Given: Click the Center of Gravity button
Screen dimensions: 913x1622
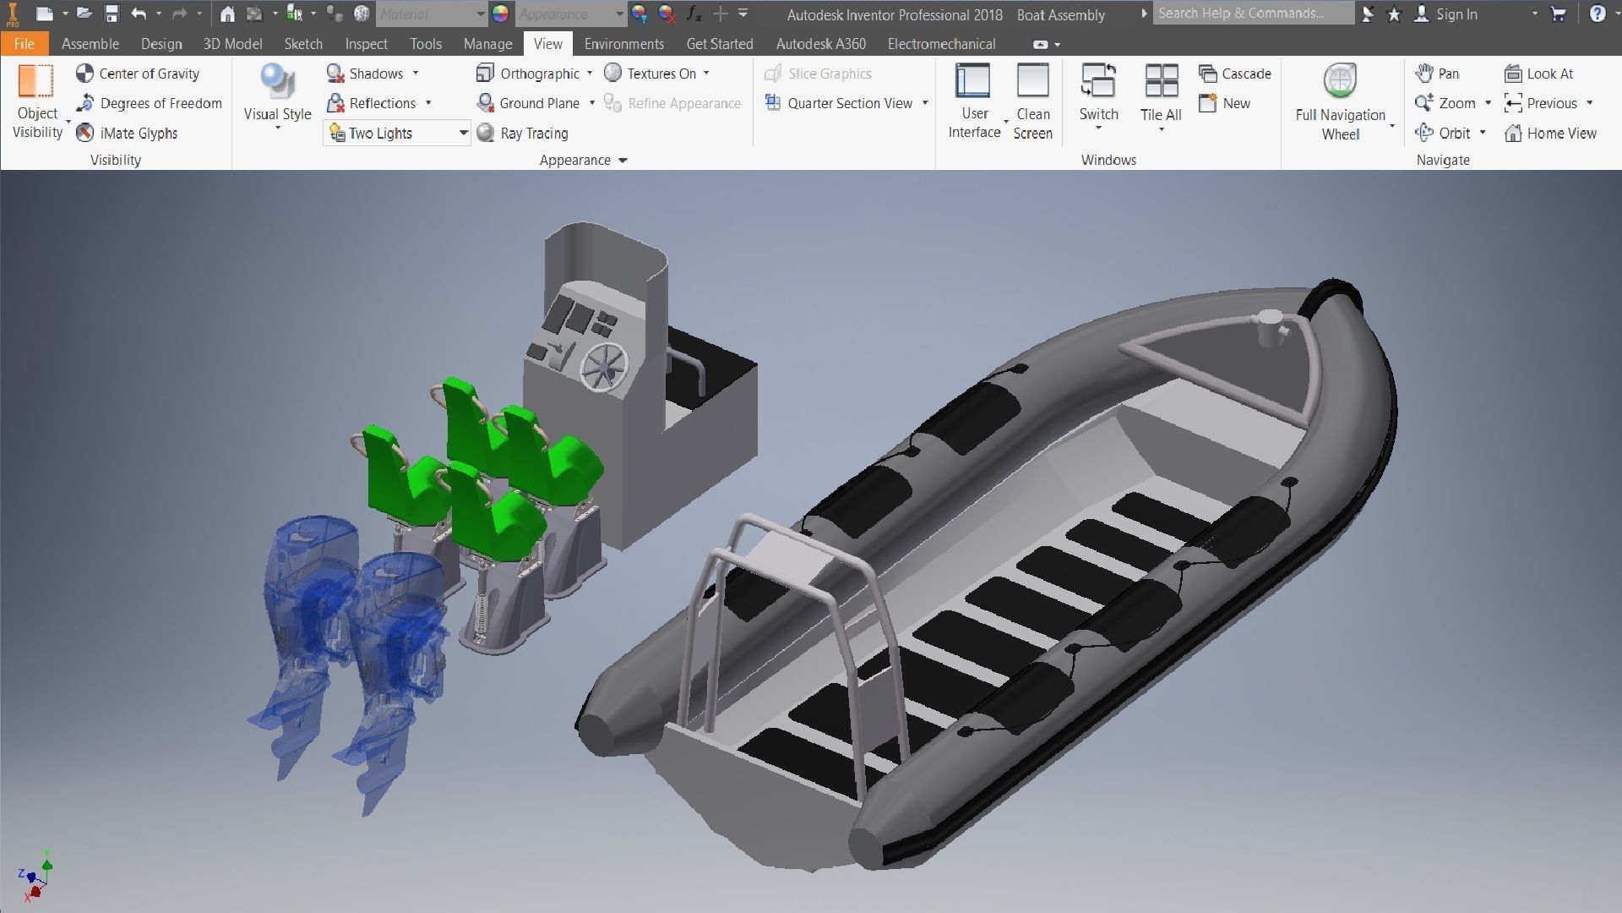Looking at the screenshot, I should pyautogui.click(x=138, y=74).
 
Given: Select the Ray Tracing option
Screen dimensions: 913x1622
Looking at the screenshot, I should pyautogui.click(x=523, y=133).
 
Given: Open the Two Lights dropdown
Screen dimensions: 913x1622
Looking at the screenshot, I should pyautogui.click(x=463, y=133).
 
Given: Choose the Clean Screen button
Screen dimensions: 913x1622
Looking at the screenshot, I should pyautogui.click(x=1032, y=101).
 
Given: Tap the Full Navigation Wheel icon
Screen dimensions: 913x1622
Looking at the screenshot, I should pyautogui.click(x=1340, y=101).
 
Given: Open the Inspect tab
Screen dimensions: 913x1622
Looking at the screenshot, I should pyautogui.click(x=366, y=44).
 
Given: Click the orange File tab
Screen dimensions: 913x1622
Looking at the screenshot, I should pyautogui.click(x=24, y=44).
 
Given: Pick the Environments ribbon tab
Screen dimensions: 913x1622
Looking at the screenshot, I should pyautogui.click(x=623, y=44).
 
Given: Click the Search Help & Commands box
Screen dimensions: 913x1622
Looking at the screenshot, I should pyautogui.click(x=1252, y=14).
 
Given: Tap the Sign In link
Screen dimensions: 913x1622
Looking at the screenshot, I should pyautogui.click(x=1456, y=14).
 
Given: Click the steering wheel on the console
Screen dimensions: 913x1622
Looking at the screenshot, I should pyautogui.click(x=604, y=367).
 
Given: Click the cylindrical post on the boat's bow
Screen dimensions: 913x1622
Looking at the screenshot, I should pyautogui.click(x=1269, y=329).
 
